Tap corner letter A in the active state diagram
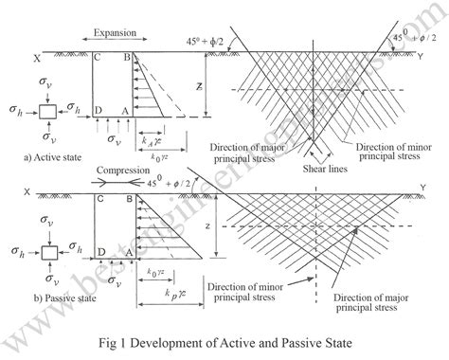128,113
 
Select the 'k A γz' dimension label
148,138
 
